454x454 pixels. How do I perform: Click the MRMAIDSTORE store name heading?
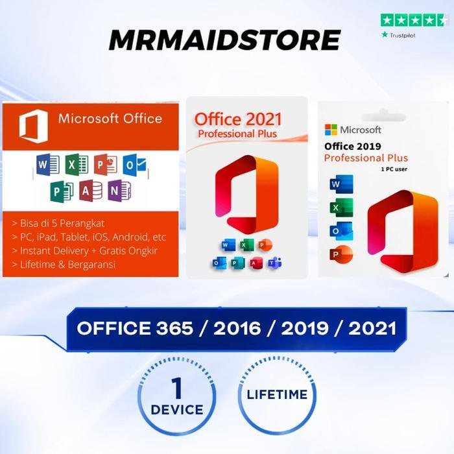224,40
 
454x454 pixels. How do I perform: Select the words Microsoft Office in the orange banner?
110,118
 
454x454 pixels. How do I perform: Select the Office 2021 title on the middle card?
239,119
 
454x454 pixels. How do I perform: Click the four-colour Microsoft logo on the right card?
331,130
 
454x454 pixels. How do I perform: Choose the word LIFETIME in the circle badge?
277,393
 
